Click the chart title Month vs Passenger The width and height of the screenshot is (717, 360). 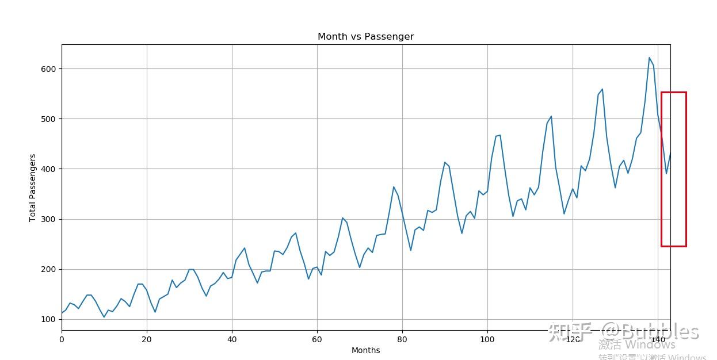point(365,37)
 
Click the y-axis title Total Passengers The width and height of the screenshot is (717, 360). point(33,187)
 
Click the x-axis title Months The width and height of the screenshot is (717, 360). point(365,350)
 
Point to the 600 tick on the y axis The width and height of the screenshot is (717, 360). point(48,69)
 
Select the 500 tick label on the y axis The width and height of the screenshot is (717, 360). point(48,119)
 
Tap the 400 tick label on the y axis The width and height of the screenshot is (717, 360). point(48,169)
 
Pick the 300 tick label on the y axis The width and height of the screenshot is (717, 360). point(48,219)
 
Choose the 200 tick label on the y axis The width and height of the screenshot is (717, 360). point(48,269)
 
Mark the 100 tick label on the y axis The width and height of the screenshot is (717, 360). point(48,320)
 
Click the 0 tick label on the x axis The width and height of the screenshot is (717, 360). point(62,339)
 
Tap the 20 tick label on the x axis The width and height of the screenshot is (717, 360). point(147,339)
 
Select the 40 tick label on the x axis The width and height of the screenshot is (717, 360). point(232,339)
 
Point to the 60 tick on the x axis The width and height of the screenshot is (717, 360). point(317,339)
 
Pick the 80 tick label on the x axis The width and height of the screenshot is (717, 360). point(402,339)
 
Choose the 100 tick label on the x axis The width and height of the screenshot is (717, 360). point(487,339)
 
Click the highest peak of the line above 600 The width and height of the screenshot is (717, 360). point(649,58)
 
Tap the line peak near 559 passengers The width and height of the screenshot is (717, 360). point(602,89)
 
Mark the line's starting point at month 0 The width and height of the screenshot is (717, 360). point(62,313)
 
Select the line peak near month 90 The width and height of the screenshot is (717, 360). point(445,162)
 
